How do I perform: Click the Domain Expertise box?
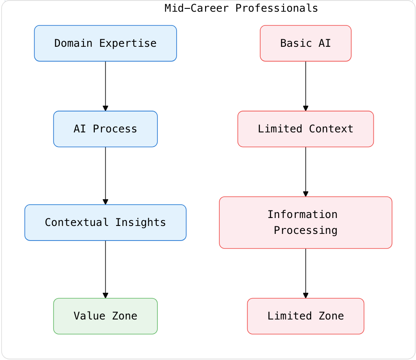click(x=105, y=43)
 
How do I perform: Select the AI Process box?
click(x=105, y=129)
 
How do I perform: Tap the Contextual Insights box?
click(x=105, y=223)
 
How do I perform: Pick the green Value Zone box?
click(x=105, y=316)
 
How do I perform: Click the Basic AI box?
click(x=305, y=43)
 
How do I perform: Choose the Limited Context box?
click(x=305, y=129)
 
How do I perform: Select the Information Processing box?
click(x=305, y=223)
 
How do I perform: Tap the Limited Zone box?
click(x=305, y=316)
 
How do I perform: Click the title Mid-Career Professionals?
click(x=241, y=8)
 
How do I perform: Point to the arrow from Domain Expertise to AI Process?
click(x=105, y=86)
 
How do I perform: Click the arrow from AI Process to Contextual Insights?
click(x=105, y=175)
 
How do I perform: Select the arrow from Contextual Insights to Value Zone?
click(x=105, y=269)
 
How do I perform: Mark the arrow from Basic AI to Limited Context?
click(x=305, y=86)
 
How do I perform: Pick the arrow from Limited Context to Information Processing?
click(x=305, y=172)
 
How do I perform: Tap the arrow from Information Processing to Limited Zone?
click(x=305, y=273)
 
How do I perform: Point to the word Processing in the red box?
click(x=305, y=231)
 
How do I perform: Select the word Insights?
click(x=140, y=223)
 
